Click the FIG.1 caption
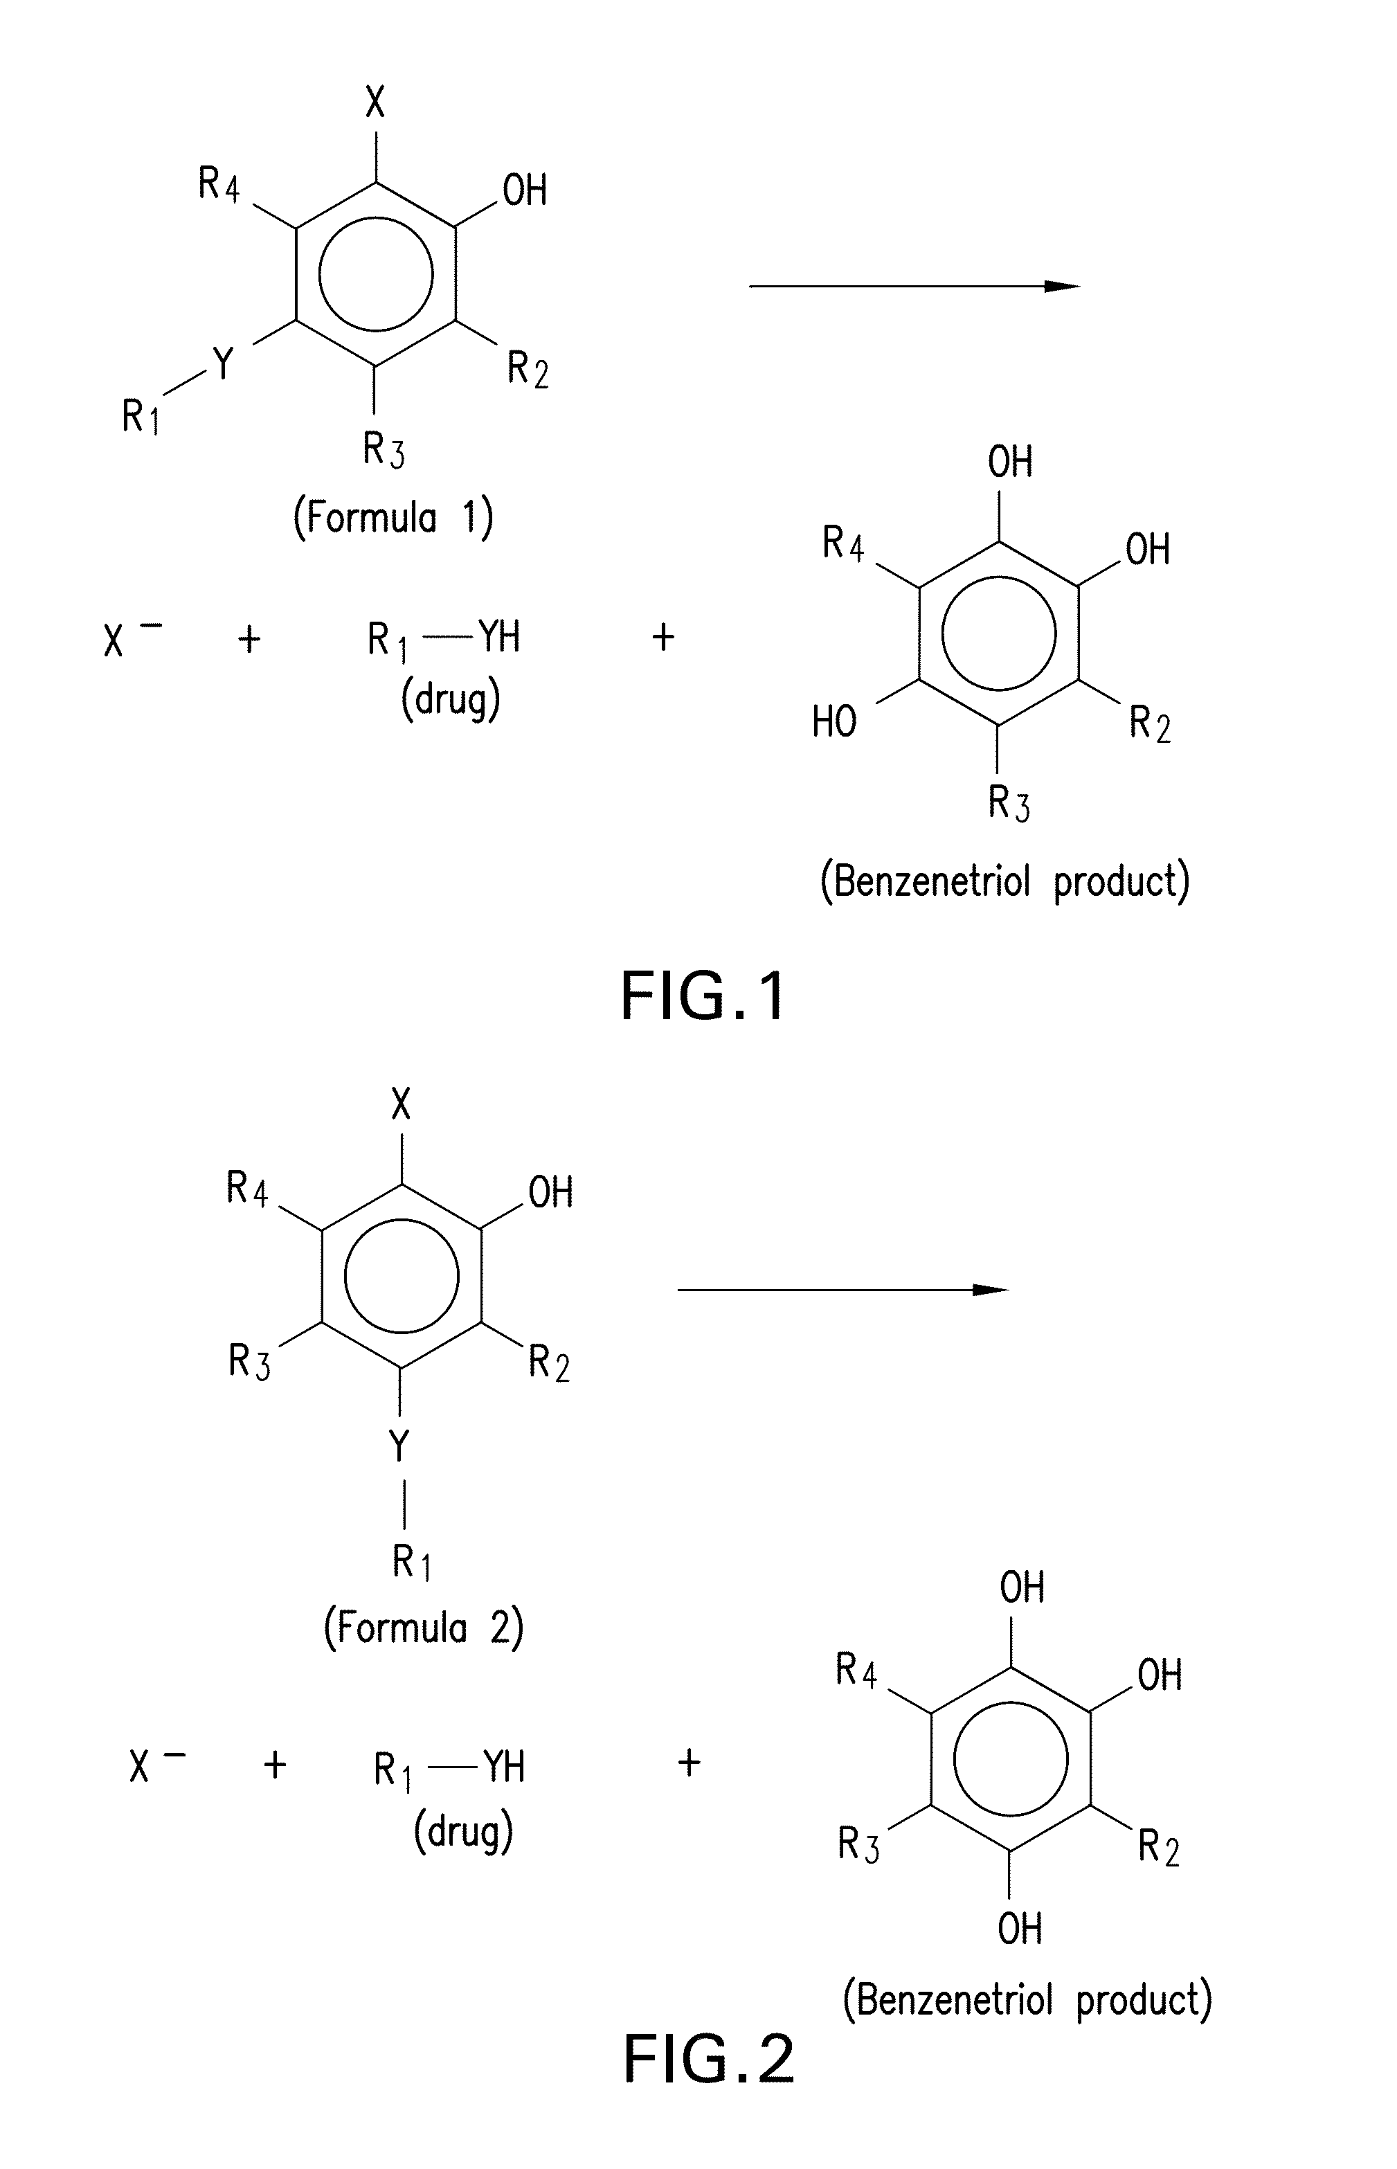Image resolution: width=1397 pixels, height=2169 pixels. click(x=703, y=996)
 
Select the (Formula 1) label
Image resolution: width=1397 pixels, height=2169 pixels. click(x=393, y=518)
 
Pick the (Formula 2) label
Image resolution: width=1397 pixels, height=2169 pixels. click(x=424, y=1628)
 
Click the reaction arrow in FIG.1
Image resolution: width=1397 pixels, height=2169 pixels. click(x=914, y=287)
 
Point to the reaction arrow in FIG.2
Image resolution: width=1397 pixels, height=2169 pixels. click(x=842, y=1290)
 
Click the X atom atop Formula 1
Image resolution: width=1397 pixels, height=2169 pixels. click(x=375, y=102)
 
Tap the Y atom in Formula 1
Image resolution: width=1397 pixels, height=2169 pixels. click(x=222, y=363)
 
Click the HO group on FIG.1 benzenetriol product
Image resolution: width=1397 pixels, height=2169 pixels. click(x=833, y=722)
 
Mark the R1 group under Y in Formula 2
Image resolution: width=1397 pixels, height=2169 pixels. click(x=411, y=1561)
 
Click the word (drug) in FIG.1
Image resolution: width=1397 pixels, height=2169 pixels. click(x=451, y=699)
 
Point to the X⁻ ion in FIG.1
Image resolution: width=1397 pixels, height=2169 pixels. click(x=129, y=638)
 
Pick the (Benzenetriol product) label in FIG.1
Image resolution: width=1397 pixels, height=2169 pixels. click(x=1004, y=881)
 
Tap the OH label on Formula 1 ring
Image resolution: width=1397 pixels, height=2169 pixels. click(x=524, y=190)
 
